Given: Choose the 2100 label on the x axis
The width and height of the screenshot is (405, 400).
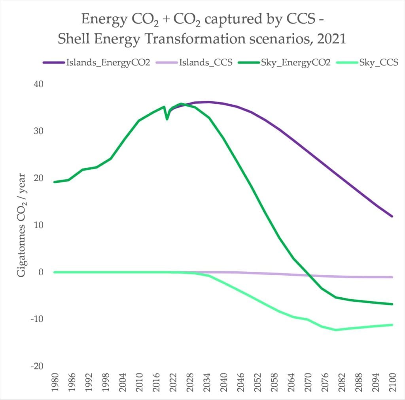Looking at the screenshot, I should pyautogui.click(x=392, y=383).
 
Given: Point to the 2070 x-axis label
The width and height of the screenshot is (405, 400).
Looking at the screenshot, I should pyautogui.click(x=307, y=383).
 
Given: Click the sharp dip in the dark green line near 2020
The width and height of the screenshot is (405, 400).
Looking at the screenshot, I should pyautogui.click(x=167, y=119).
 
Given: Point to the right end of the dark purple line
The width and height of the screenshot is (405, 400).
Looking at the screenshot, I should pyautogui.click(x=392, y=216).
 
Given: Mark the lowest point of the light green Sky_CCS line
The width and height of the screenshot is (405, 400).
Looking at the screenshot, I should pyautogui.click(x=336, y=330).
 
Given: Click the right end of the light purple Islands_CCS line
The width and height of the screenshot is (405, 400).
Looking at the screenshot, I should pyautogui.click(x=392, y=277).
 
